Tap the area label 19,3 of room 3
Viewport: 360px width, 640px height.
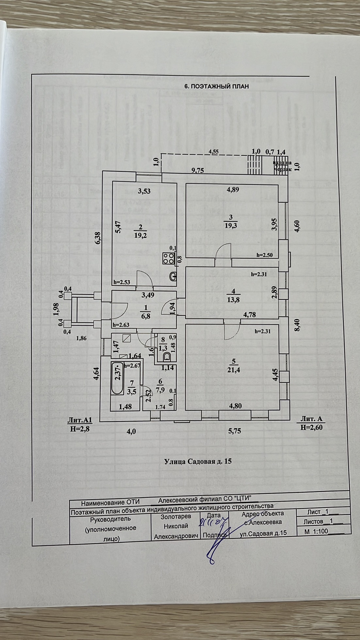[231, 225]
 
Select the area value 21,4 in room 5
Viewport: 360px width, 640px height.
[233, 370]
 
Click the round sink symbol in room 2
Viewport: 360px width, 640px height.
[173, 277]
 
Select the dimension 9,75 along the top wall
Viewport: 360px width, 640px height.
[198, 170]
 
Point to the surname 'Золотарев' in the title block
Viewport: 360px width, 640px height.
[176, 517]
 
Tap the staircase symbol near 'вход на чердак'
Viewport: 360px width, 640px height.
[255, 166]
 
